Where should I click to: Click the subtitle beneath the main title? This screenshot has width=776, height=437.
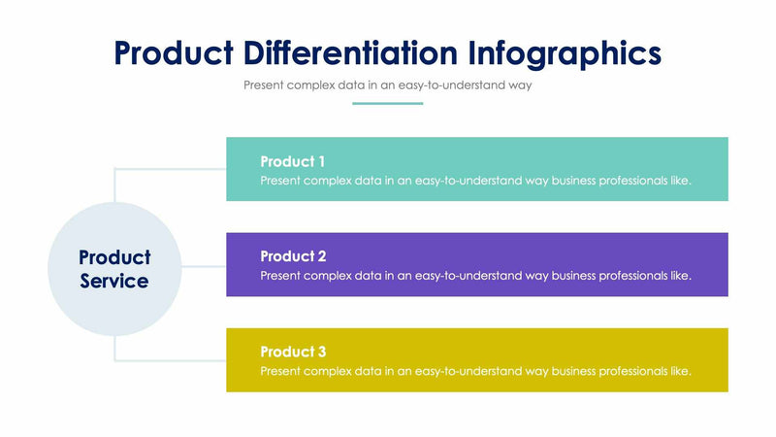point(388,84)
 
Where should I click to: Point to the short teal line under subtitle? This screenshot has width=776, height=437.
point(387,103)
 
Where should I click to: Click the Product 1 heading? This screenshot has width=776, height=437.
point(292,161)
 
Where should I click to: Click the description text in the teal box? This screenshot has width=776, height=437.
point(475,180)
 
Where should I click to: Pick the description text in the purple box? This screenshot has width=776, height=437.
point(475,275)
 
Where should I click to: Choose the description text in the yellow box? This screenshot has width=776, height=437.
point(475,371)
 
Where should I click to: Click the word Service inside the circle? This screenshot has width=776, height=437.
point(114,282)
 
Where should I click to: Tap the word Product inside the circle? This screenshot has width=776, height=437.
point(114,257)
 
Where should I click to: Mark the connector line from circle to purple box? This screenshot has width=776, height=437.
point(203,265)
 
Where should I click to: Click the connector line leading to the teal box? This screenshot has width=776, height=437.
point(170,169)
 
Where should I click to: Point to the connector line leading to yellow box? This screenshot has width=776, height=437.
point(170,360)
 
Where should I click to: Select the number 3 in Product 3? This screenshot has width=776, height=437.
point(321,352)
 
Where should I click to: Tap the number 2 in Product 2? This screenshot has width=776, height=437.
point(321,256)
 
